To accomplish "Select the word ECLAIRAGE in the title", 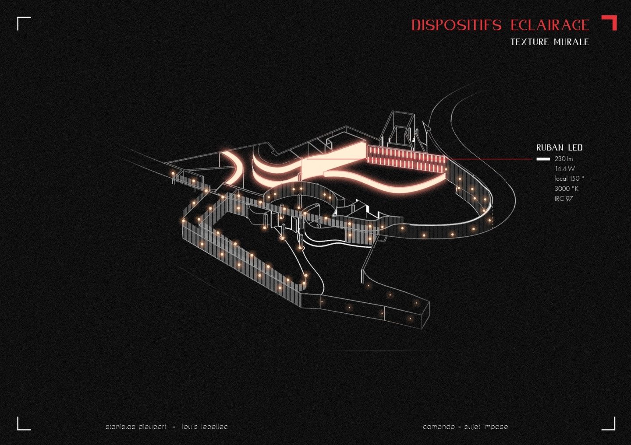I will click(x=549, y=25).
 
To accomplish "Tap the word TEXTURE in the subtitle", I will click(x=529, y=42).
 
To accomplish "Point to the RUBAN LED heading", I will click(x=559, y=148).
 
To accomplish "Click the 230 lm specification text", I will click(x=564, y=159).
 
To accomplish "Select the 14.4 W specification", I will click(x=564, y=168).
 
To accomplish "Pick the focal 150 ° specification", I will click(x=569, y=179).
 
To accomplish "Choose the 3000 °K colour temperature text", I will click(x=566, y=189).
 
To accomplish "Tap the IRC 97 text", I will click(x=564, y=199).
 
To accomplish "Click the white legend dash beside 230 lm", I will click(x=543, y=159).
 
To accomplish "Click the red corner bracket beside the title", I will click(x=610, y=21).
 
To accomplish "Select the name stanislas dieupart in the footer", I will click(x=136, y=426).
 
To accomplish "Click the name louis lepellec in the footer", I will click(x=205, y=426).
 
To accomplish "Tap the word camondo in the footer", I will click(x=439, y=426).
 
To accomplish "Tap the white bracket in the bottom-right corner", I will click(x=610, y=424).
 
